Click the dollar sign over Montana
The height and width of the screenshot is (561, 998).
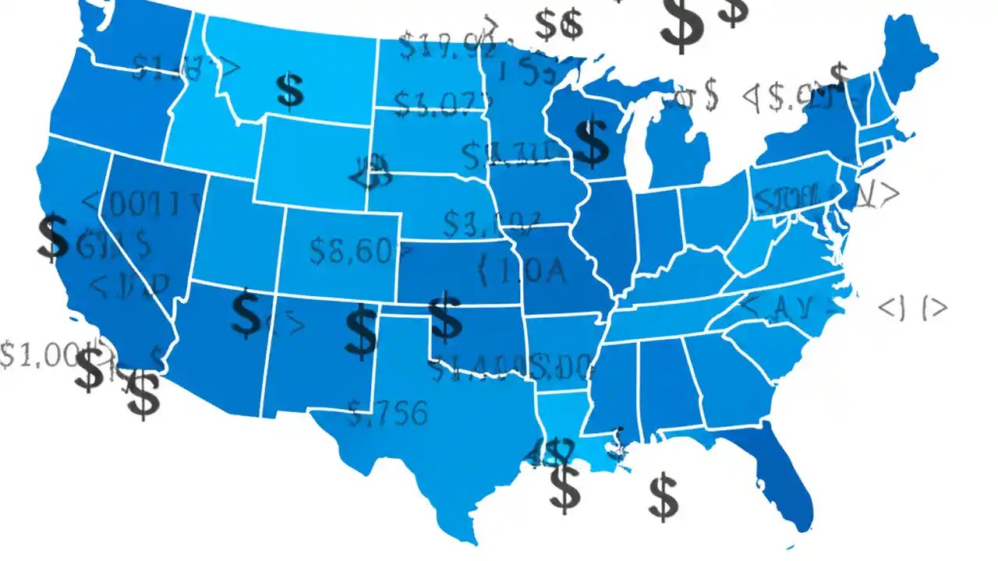[290, 90]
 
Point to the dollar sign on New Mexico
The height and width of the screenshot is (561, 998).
[361, 330]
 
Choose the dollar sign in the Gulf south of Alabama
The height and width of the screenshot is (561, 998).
[664, 497]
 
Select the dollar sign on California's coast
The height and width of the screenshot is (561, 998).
[53, 238]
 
